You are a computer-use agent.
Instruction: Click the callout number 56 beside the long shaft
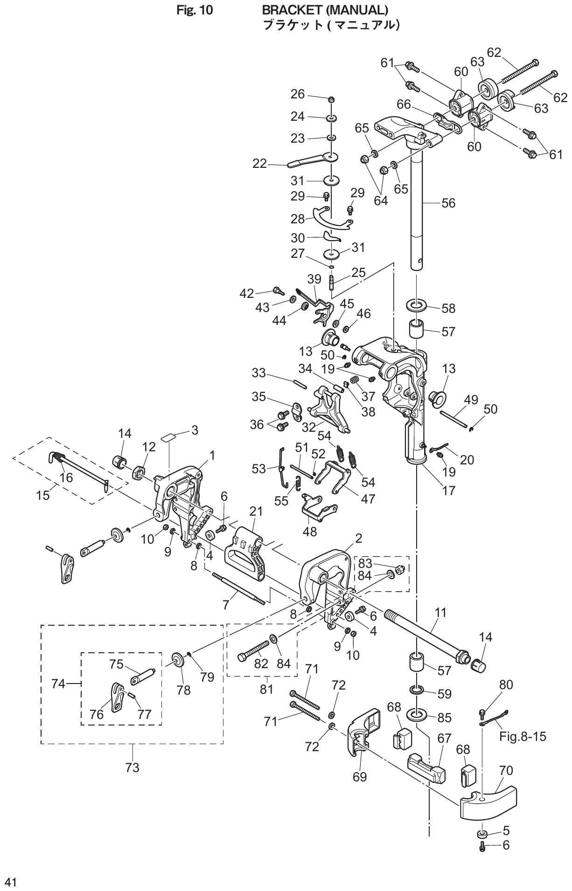coord(448,203)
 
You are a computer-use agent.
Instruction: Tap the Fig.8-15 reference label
coord(523,737)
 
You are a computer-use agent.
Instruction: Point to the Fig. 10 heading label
coord(195,10)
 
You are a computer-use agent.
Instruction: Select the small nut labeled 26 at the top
coord(331,99)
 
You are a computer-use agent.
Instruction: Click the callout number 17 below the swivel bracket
coord(448,490)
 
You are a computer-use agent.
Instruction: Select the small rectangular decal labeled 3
coord(168,438)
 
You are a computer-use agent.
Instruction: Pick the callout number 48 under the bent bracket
coord(310,531)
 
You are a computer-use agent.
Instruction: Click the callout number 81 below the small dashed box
coord(266,688)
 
